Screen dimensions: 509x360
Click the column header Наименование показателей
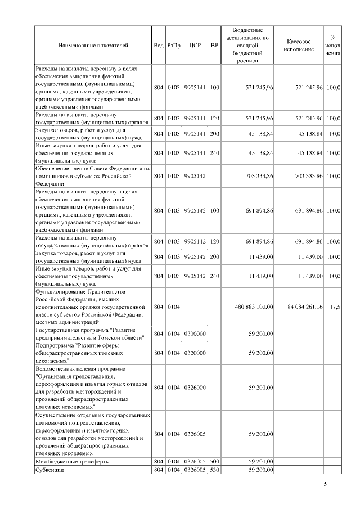click(93, 46)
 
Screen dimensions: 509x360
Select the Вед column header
click(158, 46)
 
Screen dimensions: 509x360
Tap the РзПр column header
click(173, 46)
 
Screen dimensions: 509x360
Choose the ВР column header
click(214, 46)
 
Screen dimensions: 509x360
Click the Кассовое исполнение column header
click(299, 46)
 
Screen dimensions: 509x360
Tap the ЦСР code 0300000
click(194, 334)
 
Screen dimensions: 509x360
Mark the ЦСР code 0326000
click(194, 388)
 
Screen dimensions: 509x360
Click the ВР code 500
click(214, 461)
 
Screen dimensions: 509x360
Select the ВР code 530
click(214, 470)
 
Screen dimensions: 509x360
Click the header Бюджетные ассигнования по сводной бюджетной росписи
click(247, 46)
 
